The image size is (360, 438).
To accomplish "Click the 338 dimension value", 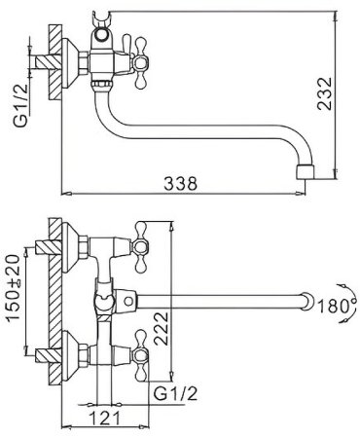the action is coord(180,183).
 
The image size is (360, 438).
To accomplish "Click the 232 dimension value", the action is coord(325,93).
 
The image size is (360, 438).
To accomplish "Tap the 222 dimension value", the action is coord(162,328).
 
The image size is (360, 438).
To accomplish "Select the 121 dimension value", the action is coord(104,418).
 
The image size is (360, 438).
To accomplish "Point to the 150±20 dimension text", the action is coord(14,288).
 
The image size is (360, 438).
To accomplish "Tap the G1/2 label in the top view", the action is coord(20,106).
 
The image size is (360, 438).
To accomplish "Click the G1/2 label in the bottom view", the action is coord(175,394).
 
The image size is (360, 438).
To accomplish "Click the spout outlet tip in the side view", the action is coord(306,171).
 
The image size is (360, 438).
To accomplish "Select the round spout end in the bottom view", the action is coord(308,302).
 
